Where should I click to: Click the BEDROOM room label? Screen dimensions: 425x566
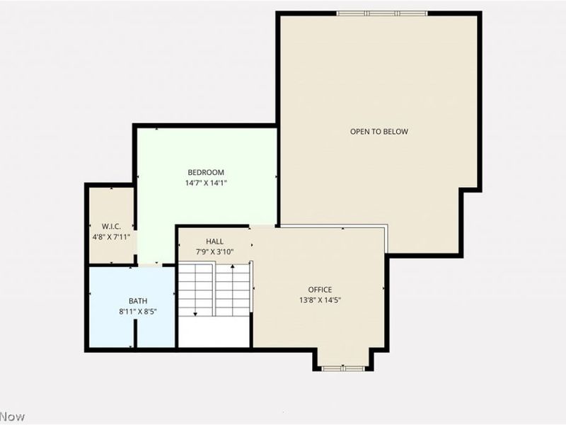click(206, 172)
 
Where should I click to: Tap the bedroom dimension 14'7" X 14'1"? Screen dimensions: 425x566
click(206, 183)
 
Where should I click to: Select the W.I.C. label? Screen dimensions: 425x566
click(110, 227)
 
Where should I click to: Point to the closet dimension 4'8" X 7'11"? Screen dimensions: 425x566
click(110, 237)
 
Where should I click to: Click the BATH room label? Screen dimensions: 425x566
click(138, 300)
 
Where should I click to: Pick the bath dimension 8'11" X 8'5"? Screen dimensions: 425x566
click(138, 311)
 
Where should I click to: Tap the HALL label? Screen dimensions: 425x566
click(214, 242)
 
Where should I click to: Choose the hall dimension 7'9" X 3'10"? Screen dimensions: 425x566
click(214, 252)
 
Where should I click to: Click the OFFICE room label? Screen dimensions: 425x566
click(320, 289)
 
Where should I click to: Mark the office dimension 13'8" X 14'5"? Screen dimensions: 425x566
click(320, 300)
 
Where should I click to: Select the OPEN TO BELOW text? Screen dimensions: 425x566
click(379, 131)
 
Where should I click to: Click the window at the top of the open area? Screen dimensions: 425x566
click(381, 13)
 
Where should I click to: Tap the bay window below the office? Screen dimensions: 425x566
click(343, 368)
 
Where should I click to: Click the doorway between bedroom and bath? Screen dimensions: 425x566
click(149, 265)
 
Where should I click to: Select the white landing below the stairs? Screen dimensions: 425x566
click(214, 331)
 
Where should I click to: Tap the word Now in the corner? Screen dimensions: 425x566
click(12, 416)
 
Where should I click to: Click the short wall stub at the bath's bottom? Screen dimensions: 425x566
click(133, 344)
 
